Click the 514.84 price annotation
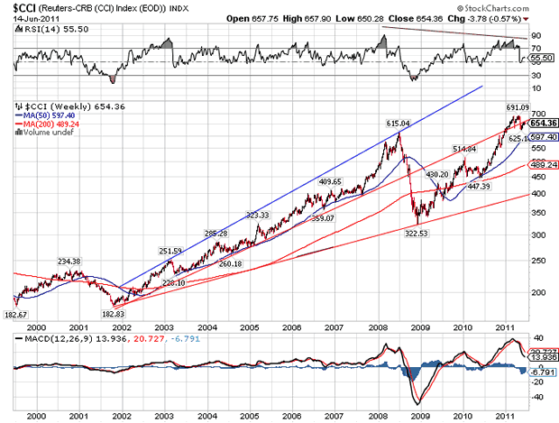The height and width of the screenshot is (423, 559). point(463,149)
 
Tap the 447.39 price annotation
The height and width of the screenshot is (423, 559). point(477,186)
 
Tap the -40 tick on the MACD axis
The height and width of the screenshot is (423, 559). point(537,396)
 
